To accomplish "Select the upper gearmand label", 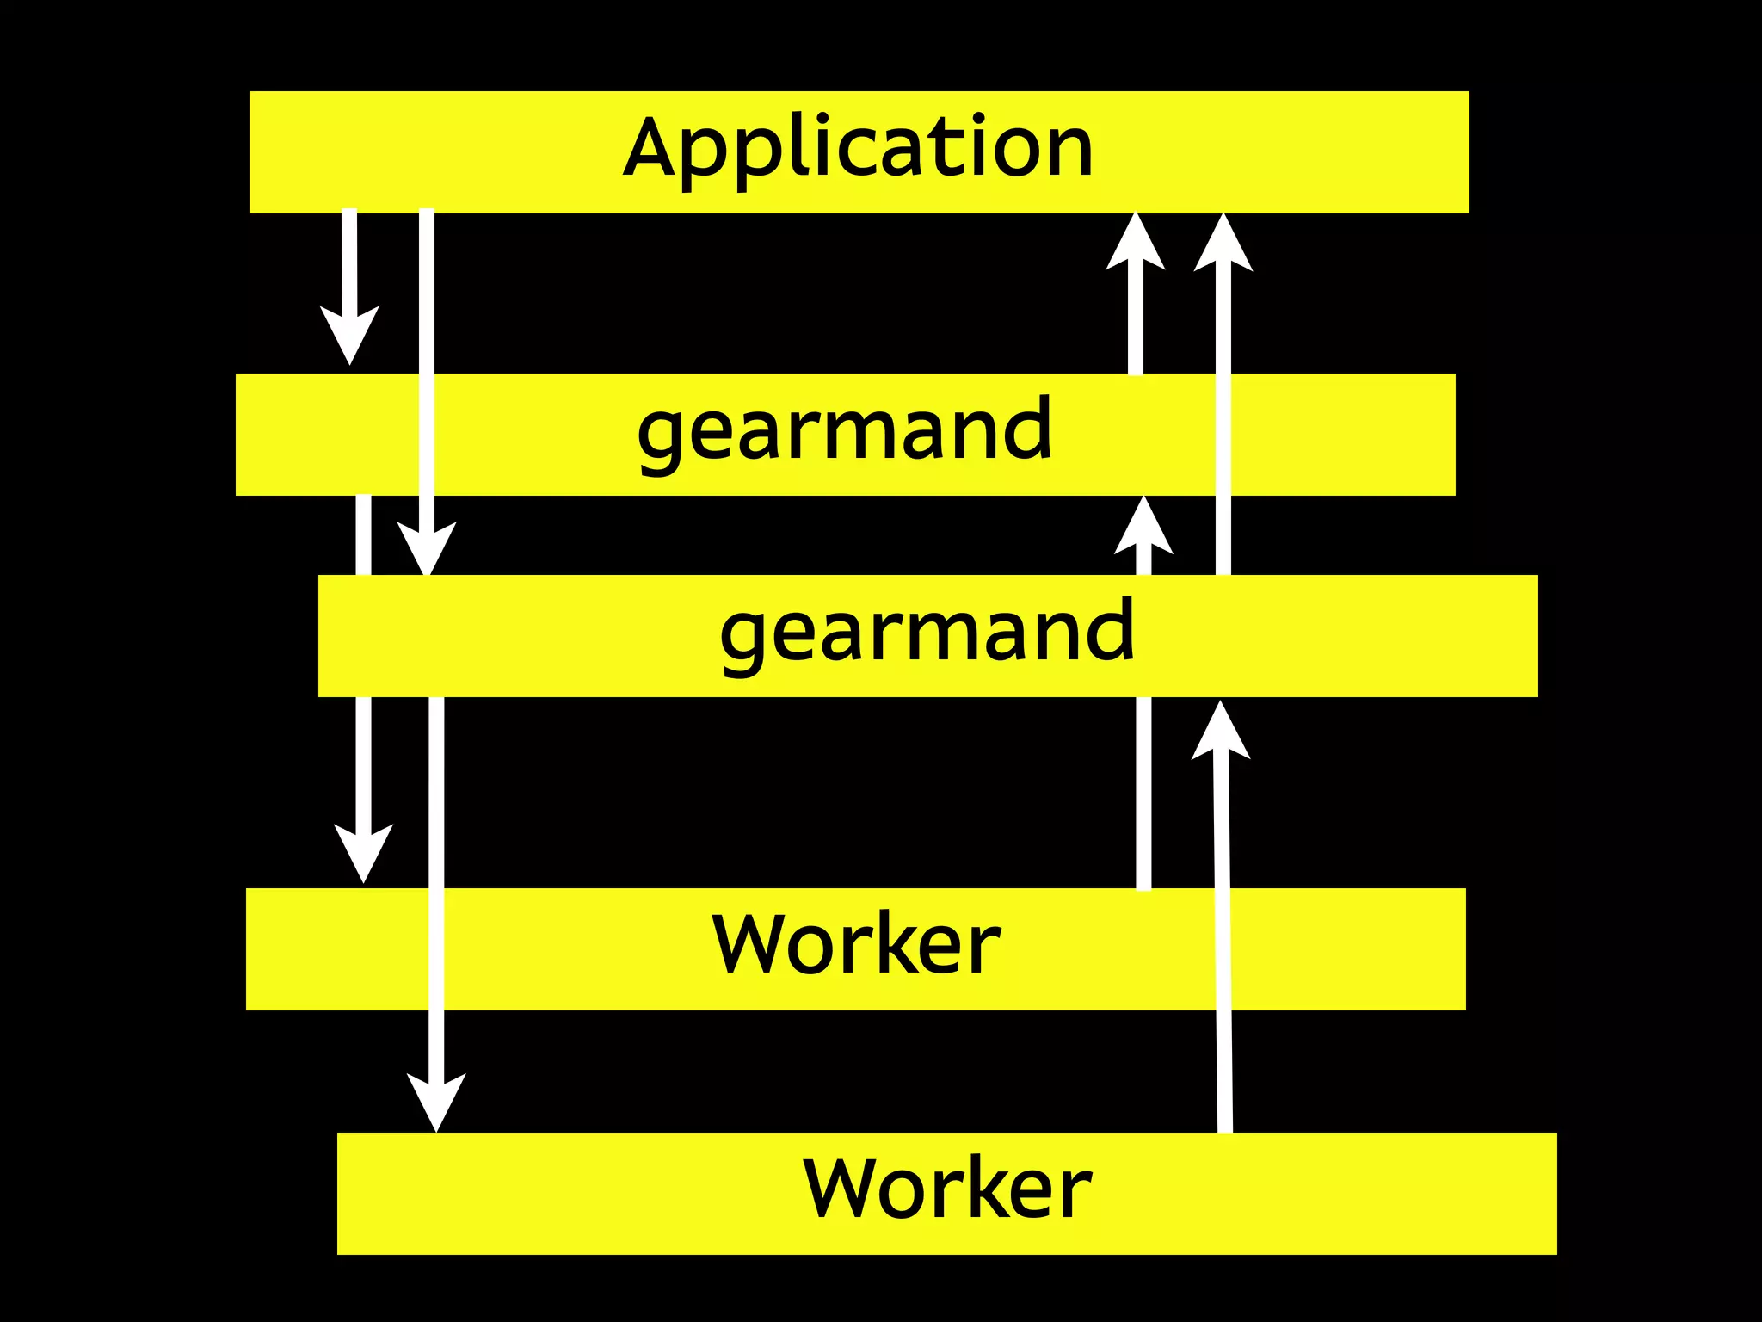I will click(x=845, y=430).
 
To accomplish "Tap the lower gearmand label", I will click(x=927, y=633).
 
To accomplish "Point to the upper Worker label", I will click(x=856, y=945).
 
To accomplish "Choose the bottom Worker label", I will click(x=947, y=1189).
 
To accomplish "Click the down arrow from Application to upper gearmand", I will click(x=349, y=275).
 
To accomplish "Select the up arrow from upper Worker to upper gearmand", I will click(x=1143, y=775).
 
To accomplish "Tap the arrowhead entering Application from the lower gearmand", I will click(x=1223, y=244).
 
